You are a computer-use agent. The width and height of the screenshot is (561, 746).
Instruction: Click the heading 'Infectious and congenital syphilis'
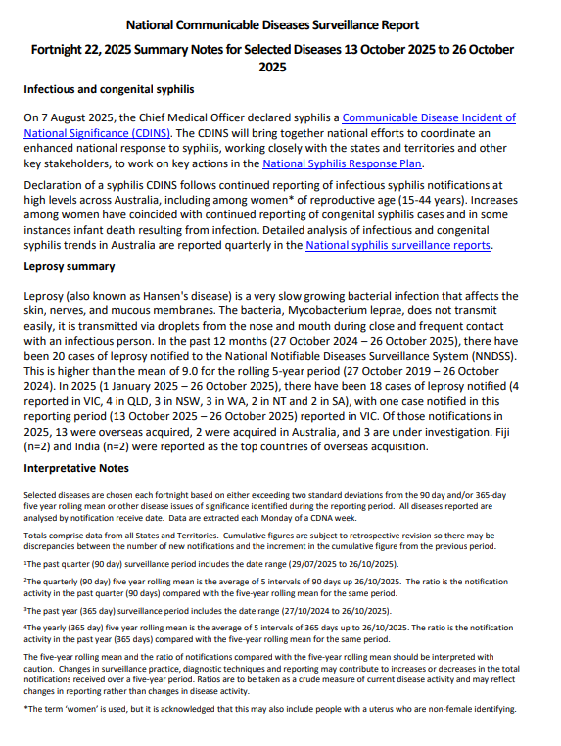point(109,89)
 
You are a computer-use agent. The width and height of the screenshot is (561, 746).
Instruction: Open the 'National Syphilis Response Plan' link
point(343,164)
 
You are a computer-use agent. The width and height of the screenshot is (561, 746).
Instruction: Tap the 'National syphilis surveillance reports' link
point(397,245)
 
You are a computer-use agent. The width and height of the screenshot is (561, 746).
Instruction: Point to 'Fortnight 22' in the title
point(70,48)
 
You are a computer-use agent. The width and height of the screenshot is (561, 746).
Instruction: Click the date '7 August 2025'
point(83,117)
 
